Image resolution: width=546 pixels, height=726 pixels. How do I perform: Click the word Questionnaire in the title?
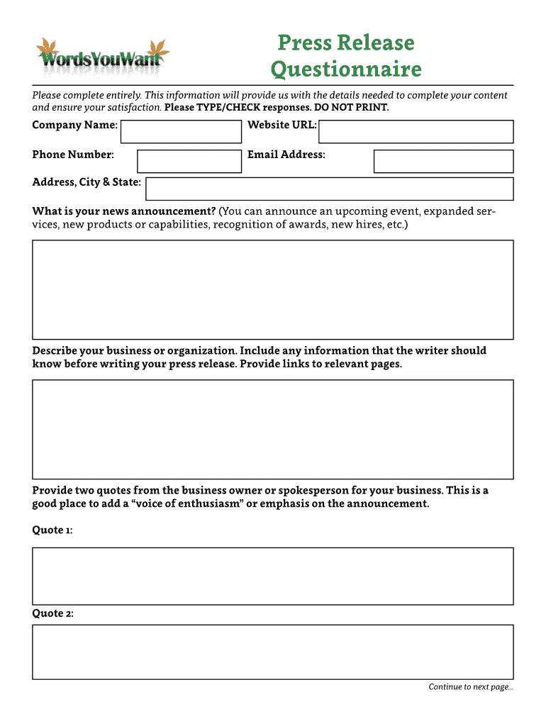(346, 69)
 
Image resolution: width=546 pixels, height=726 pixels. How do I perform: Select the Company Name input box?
(182, 131)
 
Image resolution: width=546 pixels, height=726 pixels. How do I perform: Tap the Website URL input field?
(416, 131)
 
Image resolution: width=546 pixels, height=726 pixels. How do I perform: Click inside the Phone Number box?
(189, 161)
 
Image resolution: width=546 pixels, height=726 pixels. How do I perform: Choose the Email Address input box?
(443, 161)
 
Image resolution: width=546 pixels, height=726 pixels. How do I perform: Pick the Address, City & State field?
(329, 189)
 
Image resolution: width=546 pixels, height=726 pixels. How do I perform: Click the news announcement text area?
(273, 289)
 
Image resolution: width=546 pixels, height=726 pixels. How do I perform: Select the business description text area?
(273, 429)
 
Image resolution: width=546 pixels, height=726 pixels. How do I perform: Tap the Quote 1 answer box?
(273, 576)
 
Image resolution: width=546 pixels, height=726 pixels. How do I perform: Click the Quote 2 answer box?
(273, 652)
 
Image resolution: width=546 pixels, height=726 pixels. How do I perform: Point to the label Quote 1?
(52, 530)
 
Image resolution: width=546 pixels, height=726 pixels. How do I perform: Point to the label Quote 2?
(52, 613)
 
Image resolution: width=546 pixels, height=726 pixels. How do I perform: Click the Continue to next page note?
(470, 687)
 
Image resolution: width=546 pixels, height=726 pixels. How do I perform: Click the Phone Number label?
(73, 155)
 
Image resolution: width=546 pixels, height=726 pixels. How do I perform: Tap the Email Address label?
(286, 155)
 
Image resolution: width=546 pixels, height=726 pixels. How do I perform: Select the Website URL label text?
(282, 125)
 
